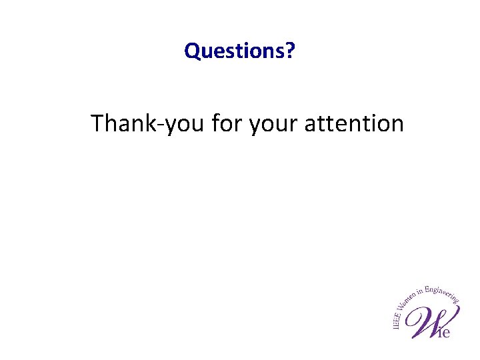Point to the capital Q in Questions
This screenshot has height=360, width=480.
coord(192,51)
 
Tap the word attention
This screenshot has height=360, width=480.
coord(354,123)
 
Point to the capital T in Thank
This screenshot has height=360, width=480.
coord(97,123)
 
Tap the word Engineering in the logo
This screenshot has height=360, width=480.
coord(443,293)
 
